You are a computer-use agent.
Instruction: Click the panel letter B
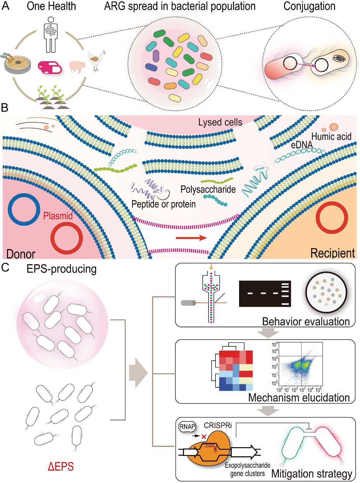tap(5, 106)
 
